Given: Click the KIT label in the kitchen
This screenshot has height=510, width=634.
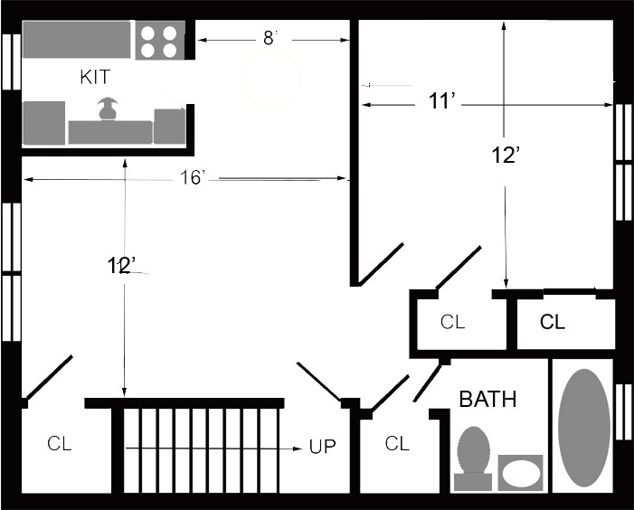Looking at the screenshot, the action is pos(95,77).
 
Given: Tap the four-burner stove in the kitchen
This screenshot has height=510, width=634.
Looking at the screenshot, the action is pos(160,41).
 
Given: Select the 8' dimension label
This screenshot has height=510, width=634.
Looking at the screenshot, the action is pos(270,38).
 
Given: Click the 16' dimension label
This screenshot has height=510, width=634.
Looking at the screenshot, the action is pos(193,177).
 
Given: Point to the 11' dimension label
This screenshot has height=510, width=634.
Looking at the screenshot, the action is pos(442,100).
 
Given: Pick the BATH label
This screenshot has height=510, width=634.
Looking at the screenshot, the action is pos(488,399).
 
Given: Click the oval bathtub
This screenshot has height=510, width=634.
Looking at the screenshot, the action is pos(584,428).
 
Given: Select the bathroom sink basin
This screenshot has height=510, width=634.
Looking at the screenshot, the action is pos(520,473).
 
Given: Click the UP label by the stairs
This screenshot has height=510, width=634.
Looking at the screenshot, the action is pos(322,447).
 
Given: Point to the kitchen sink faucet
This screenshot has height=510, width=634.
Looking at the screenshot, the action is pos(108,109).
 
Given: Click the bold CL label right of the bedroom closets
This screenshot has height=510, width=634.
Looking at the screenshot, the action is pos(553,322).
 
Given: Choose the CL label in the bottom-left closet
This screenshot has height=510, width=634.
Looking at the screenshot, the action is pos(60,443).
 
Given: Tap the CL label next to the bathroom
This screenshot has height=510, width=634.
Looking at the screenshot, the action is pos(397,443).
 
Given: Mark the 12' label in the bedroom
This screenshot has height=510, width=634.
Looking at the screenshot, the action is pos(506,156).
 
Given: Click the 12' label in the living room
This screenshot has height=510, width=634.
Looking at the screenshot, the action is pos(121,266).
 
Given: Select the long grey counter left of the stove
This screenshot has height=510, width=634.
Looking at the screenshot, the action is pos(76,40).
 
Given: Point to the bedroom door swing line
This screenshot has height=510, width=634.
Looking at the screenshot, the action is pos(380,264).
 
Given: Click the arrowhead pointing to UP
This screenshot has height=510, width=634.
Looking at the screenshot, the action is pos(298,449).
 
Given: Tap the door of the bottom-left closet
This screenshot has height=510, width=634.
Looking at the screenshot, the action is pos(50,377).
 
